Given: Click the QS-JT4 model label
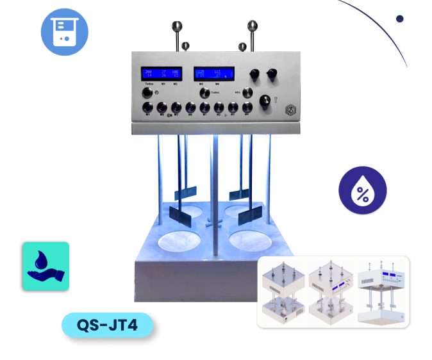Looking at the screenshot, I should click(x=108, y=325).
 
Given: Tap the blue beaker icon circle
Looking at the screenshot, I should click(x=65, y=31).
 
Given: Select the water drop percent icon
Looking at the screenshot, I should click(x=362, y=191).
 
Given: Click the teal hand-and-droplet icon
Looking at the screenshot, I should click(x=46, y=266).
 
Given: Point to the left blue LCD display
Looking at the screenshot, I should click(x=161, y=74).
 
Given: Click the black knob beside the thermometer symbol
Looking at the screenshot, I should click(x=263, y=101).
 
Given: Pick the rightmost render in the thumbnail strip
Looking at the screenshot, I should click(x=382, y=291).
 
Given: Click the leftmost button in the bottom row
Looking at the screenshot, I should click(x=147, y=108).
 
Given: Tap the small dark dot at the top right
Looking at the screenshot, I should click(x=400, y=19).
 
